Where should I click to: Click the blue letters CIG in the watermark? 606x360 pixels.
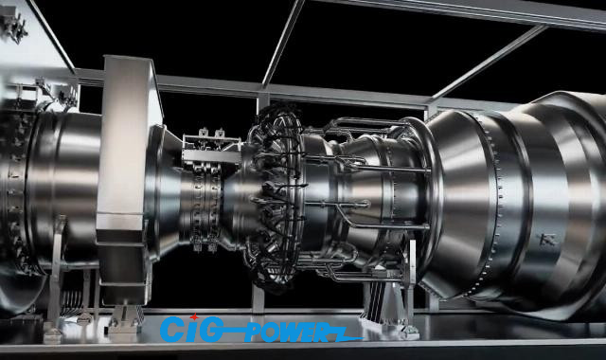pyautogui.click(x=190, y=329)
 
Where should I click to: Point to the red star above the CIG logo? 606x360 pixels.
pyautogui.click(x=193, y=315)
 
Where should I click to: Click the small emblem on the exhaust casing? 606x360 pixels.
pyautogui.click(x=546, y=239)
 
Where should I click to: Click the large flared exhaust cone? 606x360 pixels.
pyautogui.click(x=511, y=199)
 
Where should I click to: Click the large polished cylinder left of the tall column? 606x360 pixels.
pyautogui.click(x=52, y=180)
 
